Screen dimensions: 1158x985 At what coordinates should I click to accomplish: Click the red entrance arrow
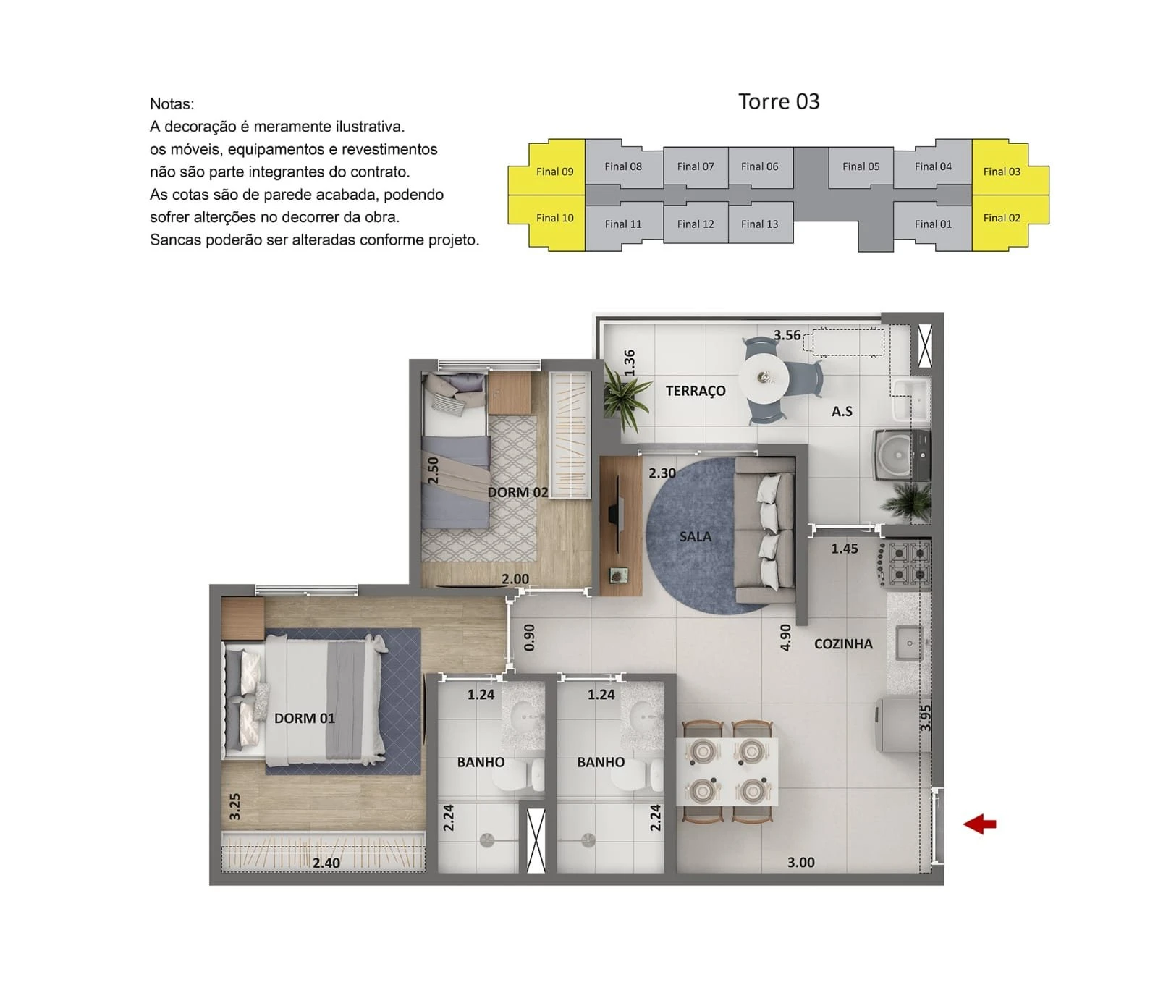[979, 824]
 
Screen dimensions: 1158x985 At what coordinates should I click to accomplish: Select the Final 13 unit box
[760, 224]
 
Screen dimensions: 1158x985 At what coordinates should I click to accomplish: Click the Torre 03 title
[779, 101]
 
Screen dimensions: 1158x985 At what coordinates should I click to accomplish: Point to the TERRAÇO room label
[696, 391]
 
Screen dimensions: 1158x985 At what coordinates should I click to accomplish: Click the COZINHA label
[843, 643]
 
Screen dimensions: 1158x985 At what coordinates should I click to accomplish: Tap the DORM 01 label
[305, 718]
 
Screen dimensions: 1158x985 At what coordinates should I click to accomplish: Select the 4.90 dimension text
[786, 638]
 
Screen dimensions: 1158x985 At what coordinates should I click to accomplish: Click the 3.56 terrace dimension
[787, 335]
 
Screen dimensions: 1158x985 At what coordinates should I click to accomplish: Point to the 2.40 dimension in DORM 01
[326, 863]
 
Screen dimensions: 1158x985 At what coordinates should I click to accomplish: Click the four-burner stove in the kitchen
[909, 564]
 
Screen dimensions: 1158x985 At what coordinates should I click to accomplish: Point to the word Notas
[172, 103]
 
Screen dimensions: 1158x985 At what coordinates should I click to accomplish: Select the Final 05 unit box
[861, 167]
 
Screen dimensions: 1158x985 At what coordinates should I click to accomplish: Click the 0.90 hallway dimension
[529, 637]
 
